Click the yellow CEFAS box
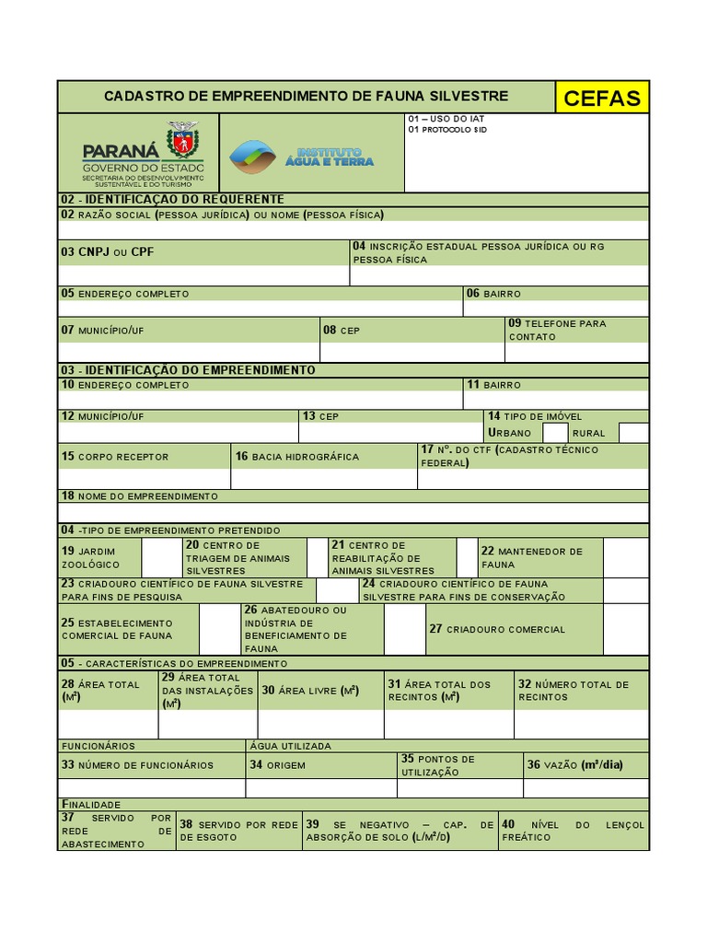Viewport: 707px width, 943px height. pyautogui.click(x=602, y=98)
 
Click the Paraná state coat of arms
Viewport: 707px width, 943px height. pyautogui.click(x=182, y=141)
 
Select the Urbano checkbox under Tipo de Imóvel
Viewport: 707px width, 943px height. pyautogui.click(x=555, y=433)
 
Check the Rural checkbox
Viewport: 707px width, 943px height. pyautogui.click(x=633, y=433)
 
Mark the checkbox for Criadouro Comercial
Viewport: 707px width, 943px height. pyautogui.click(x=626, y=629)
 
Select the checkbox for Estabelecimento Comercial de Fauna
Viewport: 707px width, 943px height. pyautogui.click(x=219, y=629)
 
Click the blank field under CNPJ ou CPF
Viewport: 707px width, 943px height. pyautogui.click(x=203, y=275)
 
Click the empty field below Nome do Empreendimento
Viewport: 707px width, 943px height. pyautogui.click(x=353, y=513)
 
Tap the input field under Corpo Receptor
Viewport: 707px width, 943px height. pyautogui.click(x=144, y=479)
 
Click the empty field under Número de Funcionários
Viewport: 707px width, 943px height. pyautogui.click(x=152, y=788)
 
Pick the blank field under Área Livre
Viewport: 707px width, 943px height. pyautogui.click(x=320, y=724)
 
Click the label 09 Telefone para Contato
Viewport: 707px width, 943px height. pyautogui.click(x=557, y=330)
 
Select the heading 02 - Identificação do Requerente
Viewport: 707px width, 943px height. pyautogui.click(x=172, y=199)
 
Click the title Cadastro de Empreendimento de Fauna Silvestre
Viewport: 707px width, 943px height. pyautogui.click(x=306, y=97)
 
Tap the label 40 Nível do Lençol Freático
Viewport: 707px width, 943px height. pyautogui.click(x=573, y=831)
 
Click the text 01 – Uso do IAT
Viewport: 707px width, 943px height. pyautogui.click(x=446, y=119)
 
